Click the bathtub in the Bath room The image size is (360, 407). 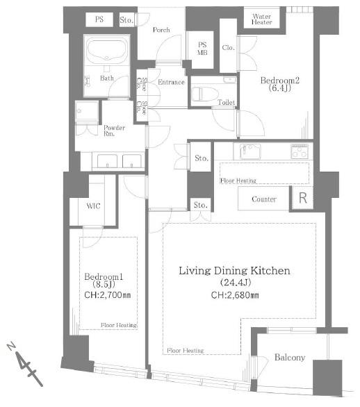[x=106, y=50]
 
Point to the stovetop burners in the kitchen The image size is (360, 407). [x=300, y=151]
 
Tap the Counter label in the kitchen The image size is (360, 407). [x=264, y=199]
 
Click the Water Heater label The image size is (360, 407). [x=261, y=19]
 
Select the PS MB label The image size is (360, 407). [x=202, y=49]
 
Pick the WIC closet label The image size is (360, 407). [x=93, y=206]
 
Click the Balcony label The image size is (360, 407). [x=290, y=358]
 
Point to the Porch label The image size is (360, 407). [x=161, y=30]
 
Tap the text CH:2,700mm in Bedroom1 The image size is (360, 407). [x=108, y=295]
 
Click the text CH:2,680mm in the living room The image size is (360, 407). [x=235, y=295]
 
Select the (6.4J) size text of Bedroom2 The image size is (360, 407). [x=279, y=88]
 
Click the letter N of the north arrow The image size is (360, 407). [x=11, y=346]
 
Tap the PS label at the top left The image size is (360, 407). [x=99, y=19]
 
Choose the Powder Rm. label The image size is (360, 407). [x=114, y=131]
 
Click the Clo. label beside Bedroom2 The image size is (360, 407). [x=229, y=47]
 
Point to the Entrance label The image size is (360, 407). [x=171, y=82]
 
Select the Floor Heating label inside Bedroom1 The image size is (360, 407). [x=119, y=325]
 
